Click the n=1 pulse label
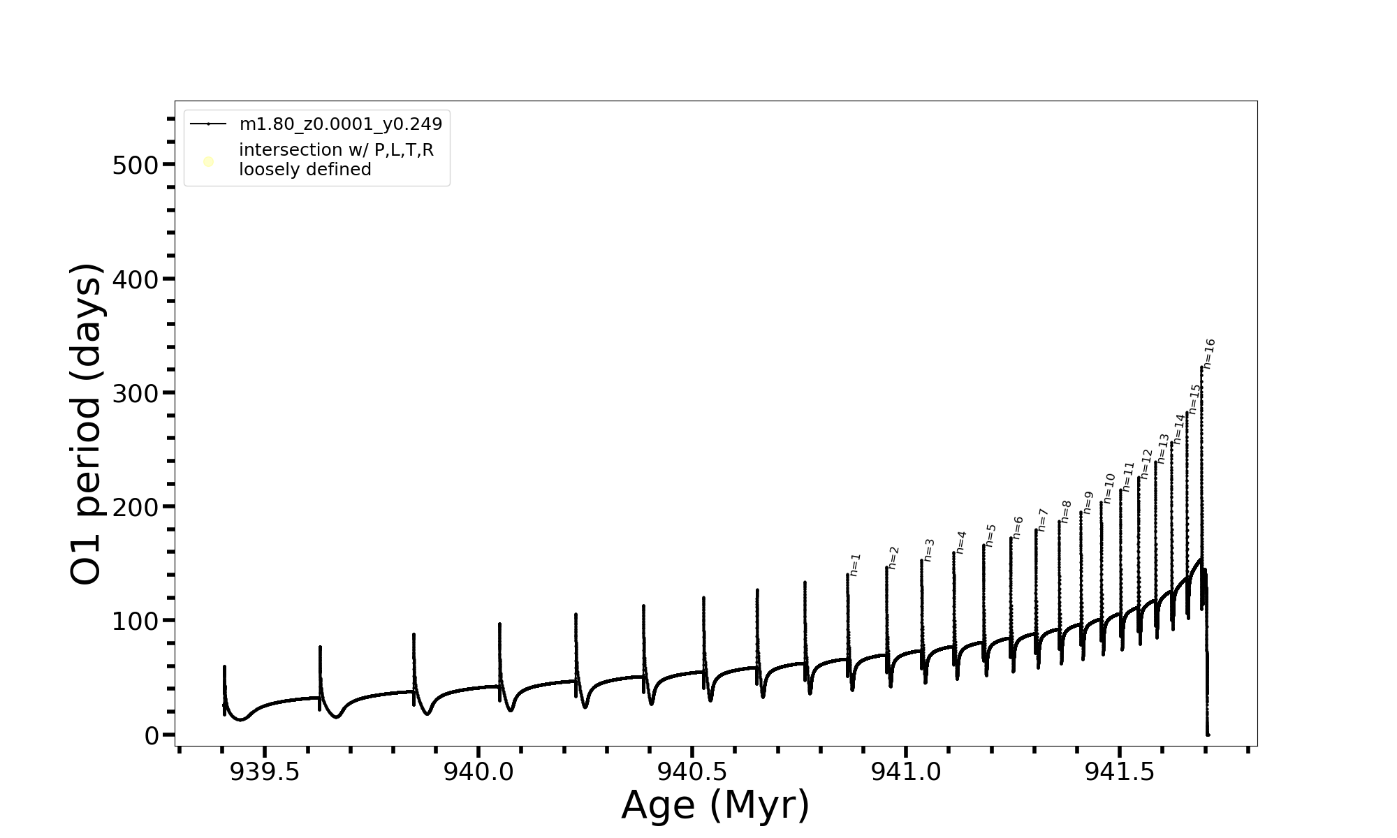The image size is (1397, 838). [856, 565]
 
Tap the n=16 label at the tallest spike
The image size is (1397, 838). [1210, 354]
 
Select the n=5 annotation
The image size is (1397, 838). [990, 536]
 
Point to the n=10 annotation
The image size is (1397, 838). [1109, 488]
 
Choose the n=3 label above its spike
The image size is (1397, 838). [928, 550]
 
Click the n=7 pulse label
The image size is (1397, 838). [1043, 520]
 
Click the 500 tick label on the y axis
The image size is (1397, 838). [136, 166]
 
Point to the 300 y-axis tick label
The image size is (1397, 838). [136, 393]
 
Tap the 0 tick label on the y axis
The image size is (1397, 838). [152, 735]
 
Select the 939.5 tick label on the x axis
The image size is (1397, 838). [265, 772]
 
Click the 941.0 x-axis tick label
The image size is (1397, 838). [906, 772]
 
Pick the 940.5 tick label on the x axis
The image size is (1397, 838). [692, 772]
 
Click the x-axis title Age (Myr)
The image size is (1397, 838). [715, 805]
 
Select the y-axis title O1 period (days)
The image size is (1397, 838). [87, 424]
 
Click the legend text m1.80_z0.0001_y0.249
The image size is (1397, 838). [341, 124]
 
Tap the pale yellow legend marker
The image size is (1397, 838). [208, 162]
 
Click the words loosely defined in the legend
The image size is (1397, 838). [305, 170]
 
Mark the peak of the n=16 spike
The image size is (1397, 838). [1201, 367]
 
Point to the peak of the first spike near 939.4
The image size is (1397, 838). [224, 666]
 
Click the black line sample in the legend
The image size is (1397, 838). [208, 124]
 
